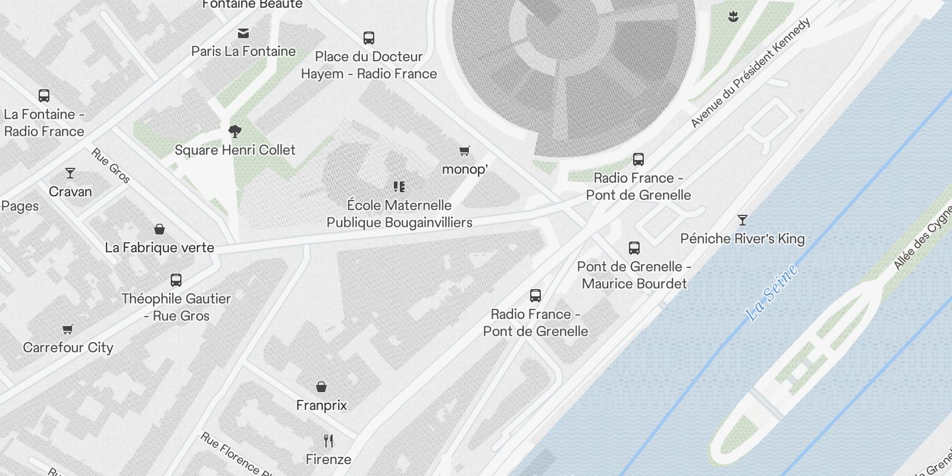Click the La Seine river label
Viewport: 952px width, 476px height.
[x=772, y=293]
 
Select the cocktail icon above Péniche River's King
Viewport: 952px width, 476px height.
[x=742, y=220]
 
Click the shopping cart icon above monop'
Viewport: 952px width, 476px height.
[x=465, y=151]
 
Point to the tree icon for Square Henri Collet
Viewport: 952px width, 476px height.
[x=235, y=131]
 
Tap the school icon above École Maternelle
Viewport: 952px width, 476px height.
[x=399, y=187]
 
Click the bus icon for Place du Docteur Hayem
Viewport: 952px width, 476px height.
[x=369, y=39]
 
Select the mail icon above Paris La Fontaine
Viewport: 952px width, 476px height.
[x=243, y=33]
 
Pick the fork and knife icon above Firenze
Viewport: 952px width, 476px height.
[x=328, y=441]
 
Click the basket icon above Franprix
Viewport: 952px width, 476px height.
[x=321, y=387]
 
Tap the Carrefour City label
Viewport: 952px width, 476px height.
[x=68, y=347]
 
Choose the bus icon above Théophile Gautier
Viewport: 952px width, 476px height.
[x=176, y=280]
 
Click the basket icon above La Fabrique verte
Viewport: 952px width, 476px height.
[x=159, y=229]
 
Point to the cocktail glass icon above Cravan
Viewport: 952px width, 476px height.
[x=70, y=173]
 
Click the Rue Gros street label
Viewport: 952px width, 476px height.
[x=111, y=165]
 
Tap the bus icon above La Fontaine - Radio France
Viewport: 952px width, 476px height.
[x=44, y=96]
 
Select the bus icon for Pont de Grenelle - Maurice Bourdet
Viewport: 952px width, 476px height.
[x=634, y=248]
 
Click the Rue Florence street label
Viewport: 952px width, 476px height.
[x=231, y=454]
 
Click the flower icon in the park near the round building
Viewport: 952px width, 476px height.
[x=734, y=17]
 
